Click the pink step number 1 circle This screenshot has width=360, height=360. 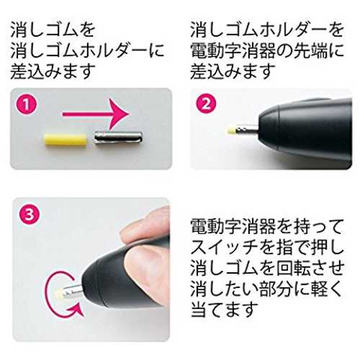coord(27,104)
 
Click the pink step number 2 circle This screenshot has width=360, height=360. coord(207,104)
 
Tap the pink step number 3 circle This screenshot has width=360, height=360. coord(30,215)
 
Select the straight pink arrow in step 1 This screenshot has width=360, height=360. coord(96,114)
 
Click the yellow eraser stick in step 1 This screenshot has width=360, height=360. coord(66,140)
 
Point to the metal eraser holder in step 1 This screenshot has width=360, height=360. coord(118,138)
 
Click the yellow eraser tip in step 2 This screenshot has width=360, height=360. coord(232,130)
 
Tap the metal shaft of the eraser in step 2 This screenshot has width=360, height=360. coord(248,130)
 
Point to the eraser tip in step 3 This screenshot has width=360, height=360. coord(59,294)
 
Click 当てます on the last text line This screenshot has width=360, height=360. coord(225,309)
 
